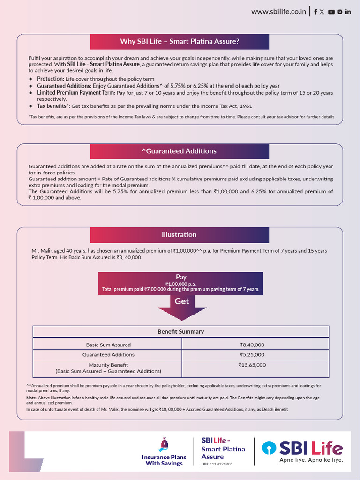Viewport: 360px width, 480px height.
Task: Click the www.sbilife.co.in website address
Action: coord(278,12)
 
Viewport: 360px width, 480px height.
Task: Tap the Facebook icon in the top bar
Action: coord(315,12)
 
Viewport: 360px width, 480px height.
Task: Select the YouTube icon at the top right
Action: coord(331,12)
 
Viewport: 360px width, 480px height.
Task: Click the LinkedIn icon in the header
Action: coord(348,12)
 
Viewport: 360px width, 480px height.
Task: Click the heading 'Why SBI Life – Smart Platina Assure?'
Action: coord(180,41)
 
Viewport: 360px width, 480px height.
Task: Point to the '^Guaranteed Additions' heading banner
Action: coord(180,151)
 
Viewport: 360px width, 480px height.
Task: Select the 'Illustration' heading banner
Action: coord(180,234)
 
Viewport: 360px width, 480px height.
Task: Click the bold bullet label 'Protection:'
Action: coord(51,79)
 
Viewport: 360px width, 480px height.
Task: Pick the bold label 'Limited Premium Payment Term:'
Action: coord(76,93)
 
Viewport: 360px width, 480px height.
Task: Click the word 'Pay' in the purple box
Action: coord(181,277)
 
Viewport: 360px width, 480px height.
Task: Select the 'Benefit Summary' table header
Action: coord(180,331)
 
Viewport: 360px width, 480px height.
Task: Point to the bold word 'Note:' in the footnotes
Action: coord(31,398)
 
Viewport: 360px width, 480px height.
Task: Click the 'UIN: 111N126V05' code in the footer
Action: coord(217,464)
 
